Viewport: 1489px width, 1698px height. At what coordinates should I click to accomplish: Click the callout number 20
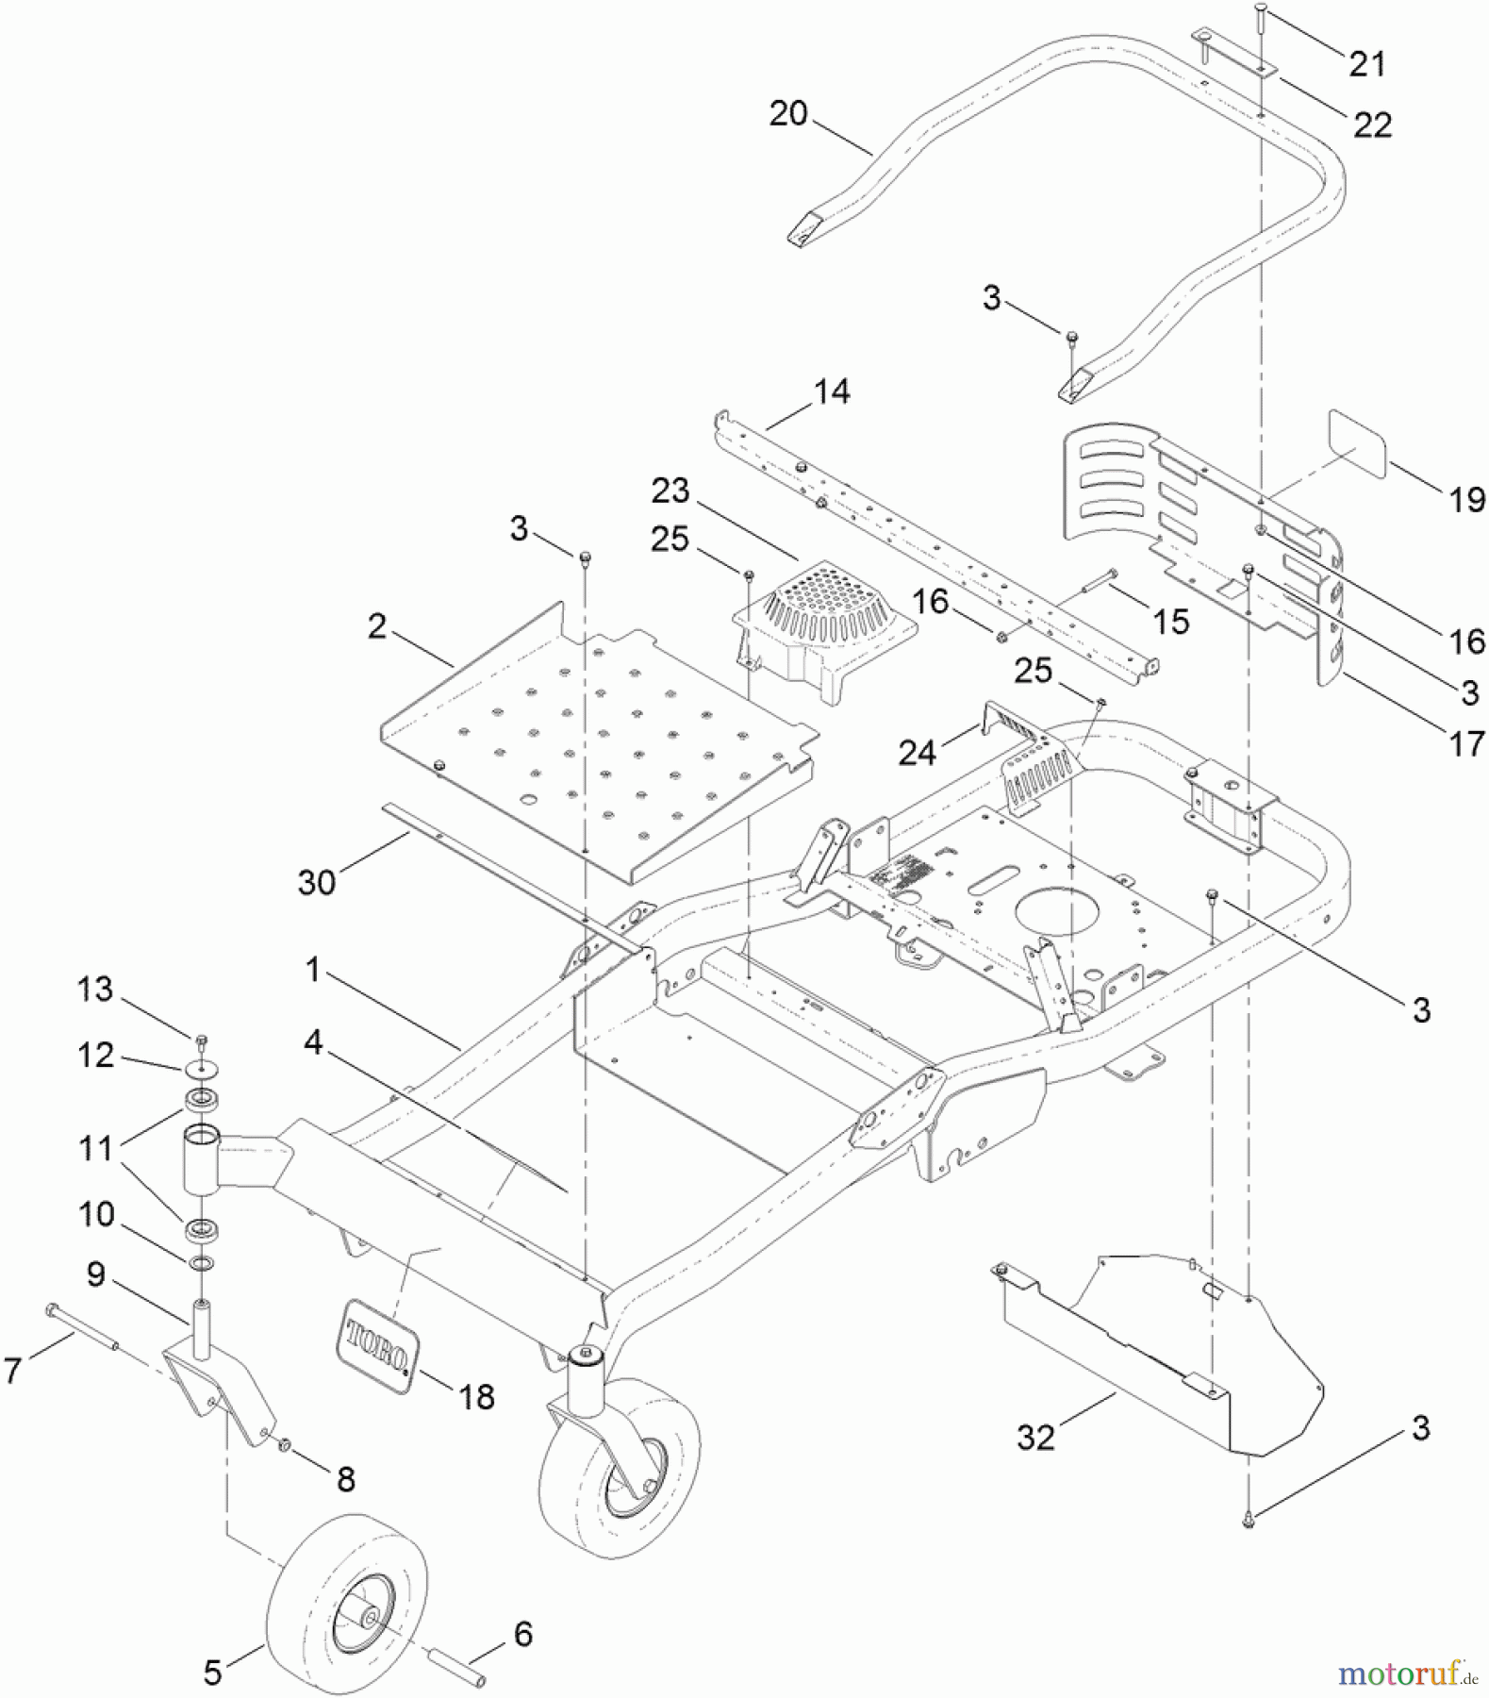tap(788, 114)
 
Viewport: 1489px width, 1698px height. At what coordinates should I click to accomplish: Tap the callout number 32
tap(1035, 1438)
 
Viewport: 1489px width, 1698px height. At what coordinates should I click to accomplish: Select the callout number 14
tap(832, 391)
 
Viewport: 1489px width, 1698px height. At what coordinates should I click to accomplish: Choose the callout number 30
tap(317, 883)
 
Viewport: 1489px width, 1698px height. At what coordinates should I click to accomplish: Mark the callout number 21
tap(1367, 64)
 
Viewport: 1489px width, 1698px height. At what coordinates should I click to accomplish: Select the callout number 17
tap(1466, 744)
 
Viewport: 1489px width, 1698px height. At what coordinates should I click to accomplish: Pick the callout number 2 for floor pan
tap(377, 625)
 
